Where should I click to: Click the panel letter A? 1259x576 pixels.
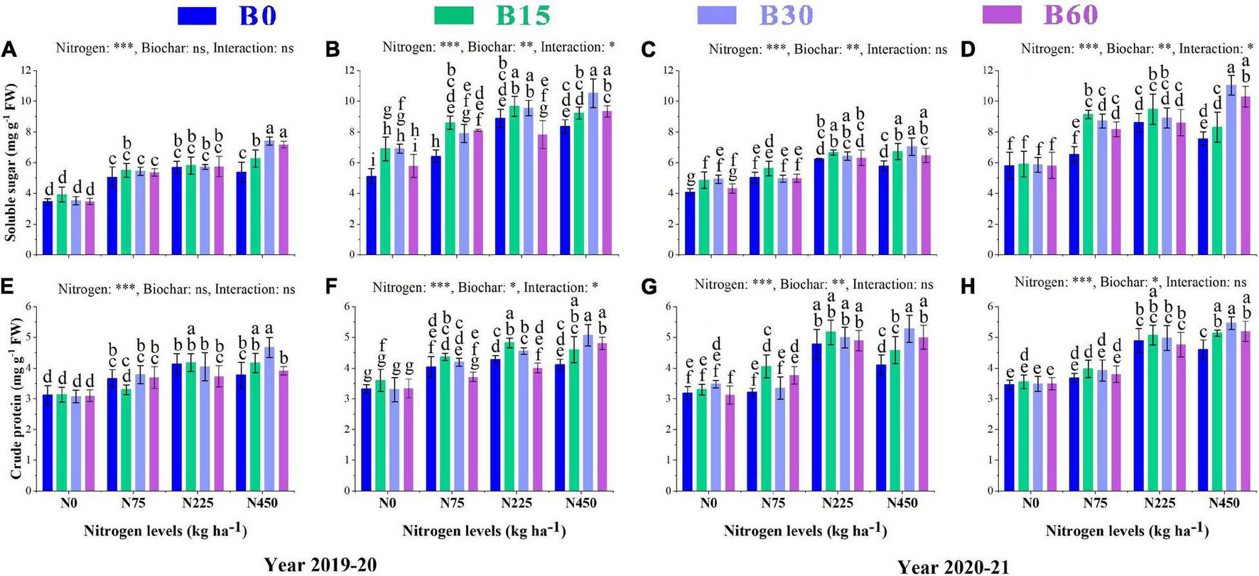click(9, 49)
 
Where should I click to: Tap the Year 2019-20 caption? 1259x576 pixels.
click(320, 565)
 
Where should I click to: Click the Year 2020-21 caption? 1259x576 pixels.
click(953, 567)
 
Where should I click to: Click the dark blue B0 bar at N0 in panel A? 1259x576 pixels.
click(48, 227)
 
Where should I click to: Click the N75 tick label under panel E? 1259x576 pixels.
click(132, 504)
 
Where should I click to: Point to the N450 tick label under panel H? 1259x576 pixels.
click(1225, 504)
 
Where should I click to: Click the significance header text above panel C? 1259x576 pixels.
click(828, 49)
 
